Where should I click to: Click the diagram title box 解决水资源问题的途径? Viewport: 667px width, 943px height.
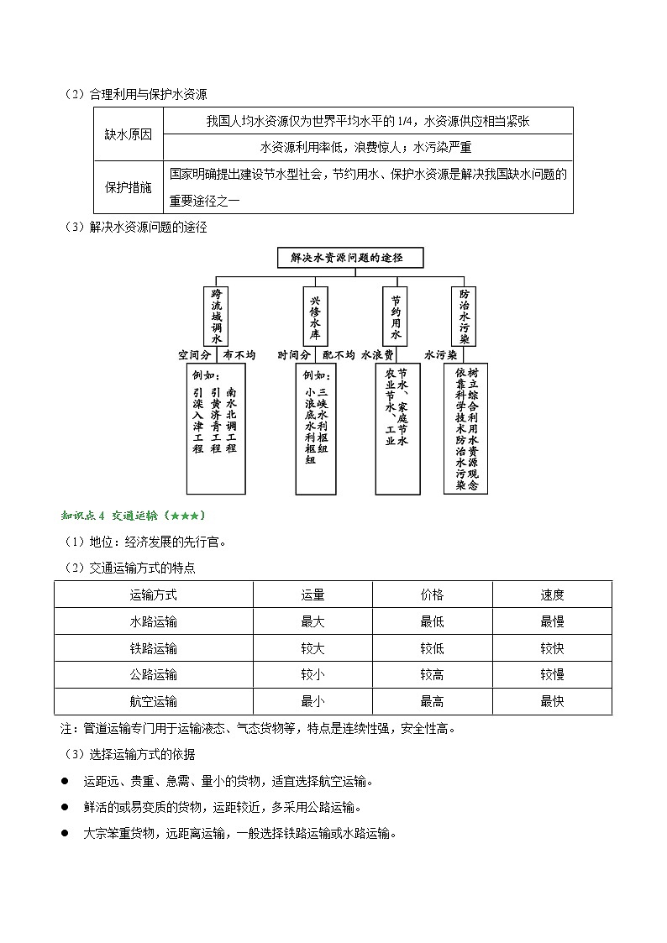tap(350, 258)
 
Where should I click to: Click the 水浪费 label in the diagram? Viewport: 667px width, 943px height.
tap(378, 355)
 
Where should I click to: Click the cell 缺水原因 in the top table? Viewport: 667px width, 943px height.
tap(128, 134)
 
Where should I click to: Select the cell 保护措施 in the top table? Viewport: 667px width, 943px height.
tap(128, 187)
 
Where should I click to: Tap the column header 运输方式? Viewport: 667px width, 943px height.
tap(154, 595)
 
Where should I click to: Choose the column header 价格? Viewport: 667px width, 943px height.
tap(432, 595)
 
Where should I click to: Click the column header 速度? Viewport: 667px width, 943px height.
tap(552, 595)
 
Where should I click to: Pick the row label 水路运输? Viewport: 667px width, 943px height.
tap(154, 621)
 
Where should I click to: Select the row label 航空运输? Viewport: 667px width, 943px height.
tap(154, 701)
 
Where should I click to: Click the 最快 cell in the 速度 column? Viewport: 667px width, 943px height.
tap(552, 701)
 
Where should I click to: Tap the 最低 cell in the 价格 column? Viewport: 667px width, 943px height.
tap(432, 621)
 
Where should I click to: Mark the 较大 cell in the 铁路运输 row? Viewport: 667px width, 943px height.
tap(312, 648)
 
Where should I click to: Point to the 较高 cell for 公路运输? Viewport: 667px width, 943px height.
tap(432, 674)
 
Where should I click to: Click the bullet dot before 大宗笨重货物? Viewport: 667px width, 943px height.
tap(65, 834)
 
